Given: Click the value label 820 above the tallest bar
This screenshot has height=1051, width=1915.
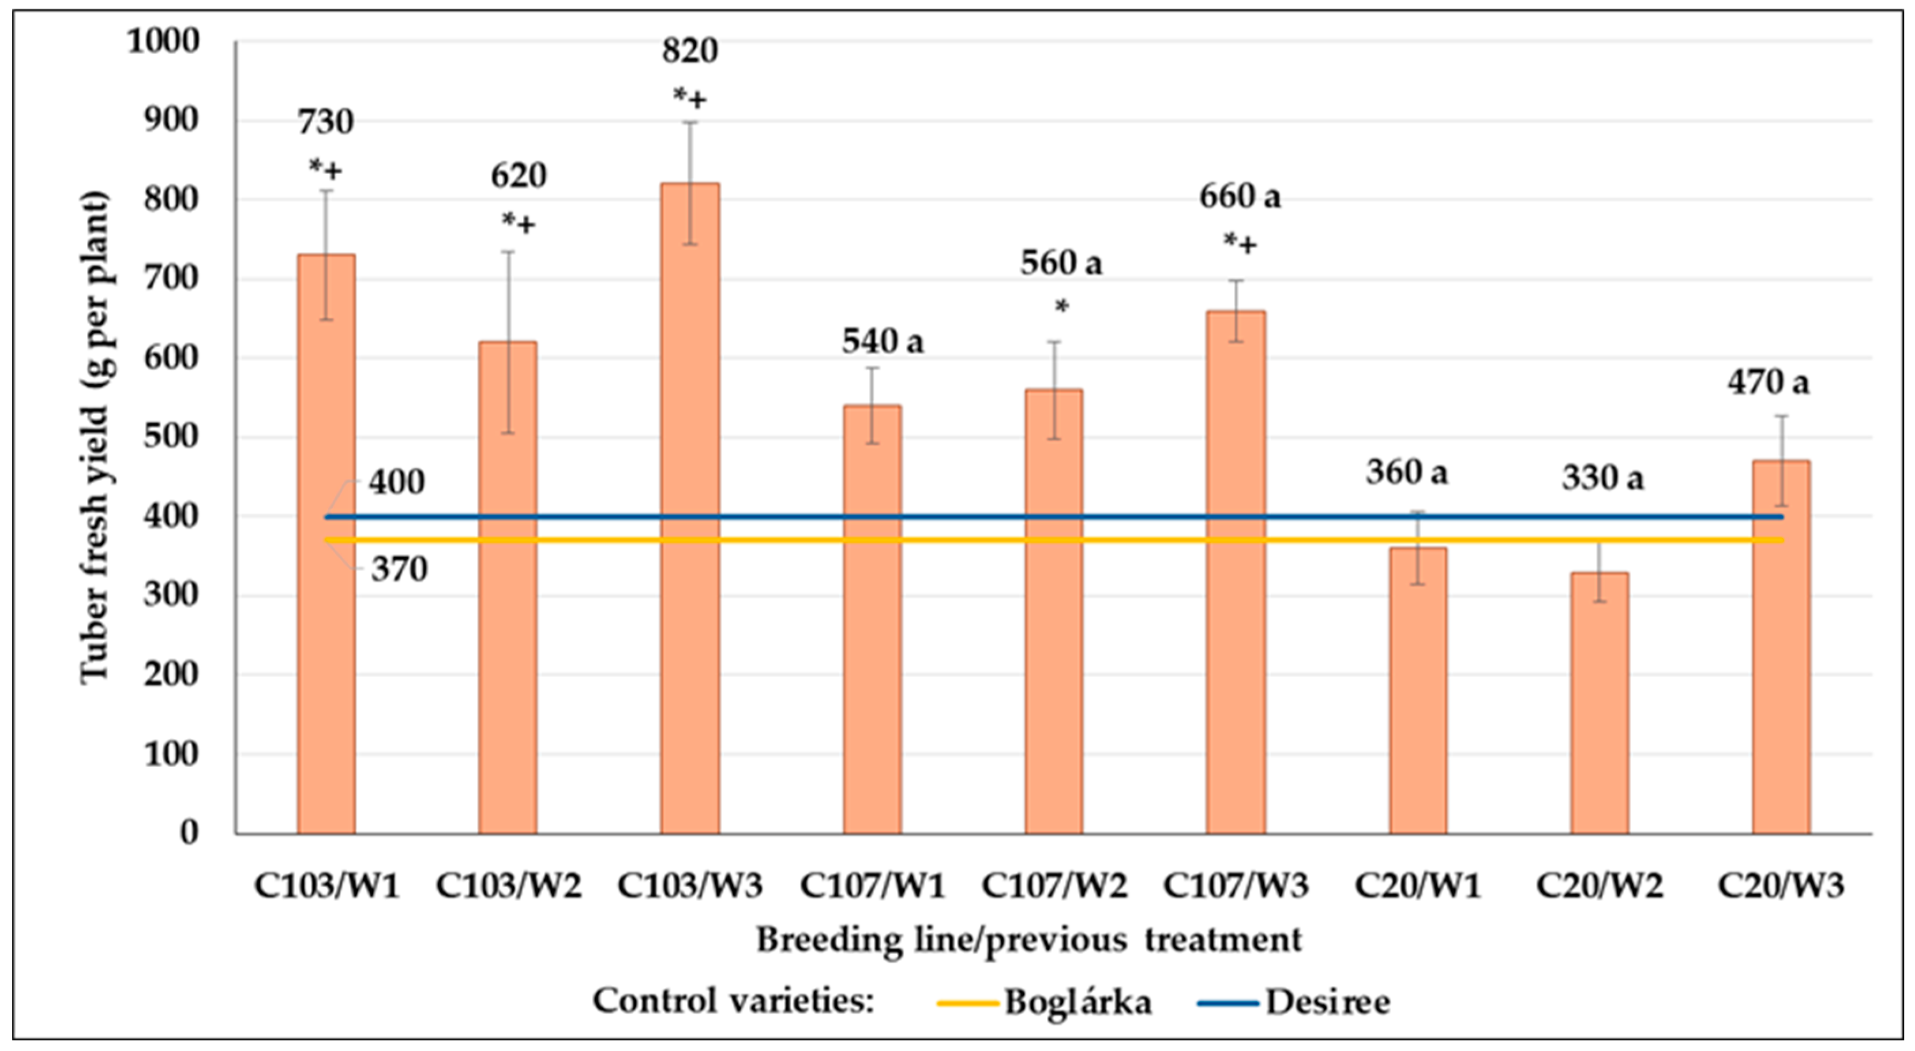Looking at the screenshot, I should [690, 51].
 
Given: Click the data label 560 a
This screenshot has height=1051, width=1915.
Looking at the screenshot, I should [1061, 263].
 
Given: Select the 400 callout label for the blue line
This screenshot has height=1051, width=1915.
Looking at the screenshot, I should [397, 482].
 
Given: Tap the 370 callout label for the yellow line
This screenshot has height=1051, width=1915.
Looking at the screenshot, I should [399, 570].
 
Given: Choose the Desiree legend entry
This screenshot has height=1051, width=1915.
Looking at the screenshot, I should [1327, 1003].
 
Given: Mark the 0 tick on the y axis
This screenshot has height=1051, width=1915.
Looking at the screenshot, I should [190, 832].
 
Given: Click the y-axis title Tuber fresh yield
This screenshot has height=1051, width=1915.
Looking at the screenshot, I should [95, 438].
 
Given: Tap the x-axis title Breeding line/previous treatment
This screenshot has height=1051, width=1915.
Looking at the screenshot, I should [1029, 940].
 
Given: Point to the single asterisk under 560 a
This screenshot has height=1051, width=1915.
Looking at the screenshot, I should [1061, 306].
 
